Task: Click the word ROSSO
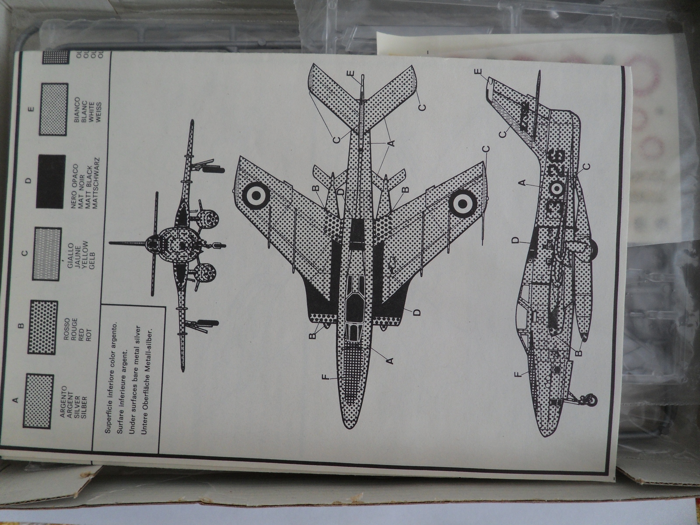(66, 326)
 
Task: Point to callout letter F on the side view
(518, 375)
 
